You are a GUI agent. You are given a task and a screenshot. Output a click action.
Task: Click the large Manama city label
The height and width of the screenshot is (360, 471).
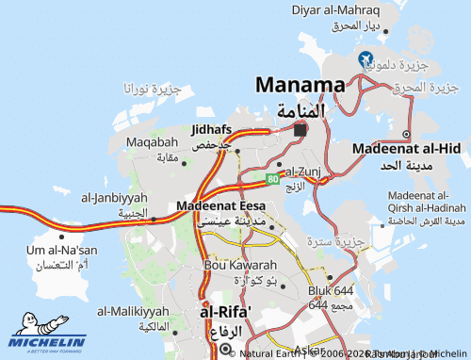pyautogui.click(x=300, y=85)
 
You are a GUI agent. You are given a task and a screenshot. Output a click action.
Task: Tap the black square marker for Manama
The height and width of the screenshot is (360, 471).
pyautogui.click(x=300, y=130)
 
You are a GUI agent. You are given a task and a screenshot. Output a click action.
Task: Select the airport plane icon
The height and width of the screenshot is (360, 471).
pyautogui.click(x=365, y=59)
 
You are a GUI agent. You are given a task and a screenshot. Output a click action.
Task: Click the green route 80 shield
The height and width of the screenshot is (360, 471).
pyautogui.click(x=271, y=177)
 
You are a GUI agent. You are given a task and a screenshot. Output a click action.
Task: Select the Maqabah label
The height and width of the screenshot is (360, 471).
pyautogui.click(x=152, y=142)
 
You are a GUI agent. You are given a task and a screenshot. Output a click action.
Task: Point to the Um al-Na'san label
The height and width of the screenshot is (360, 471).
pyautogui.click(x=63, y=250)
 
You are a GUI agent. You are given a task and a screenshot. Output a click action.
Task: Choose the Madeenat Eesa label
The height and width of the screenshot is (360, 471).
pyautogui.click(x=220, y=205)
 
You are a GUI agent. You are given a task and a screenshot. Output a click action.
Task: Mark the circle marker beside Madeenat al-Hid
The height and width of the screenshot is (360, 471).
pyautogui.click(x=406, y=134)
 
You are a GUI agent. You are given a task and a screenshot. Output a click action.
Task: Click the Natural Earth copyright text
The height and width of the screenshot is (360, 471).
pyautogui.click(x=273, y=353)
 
